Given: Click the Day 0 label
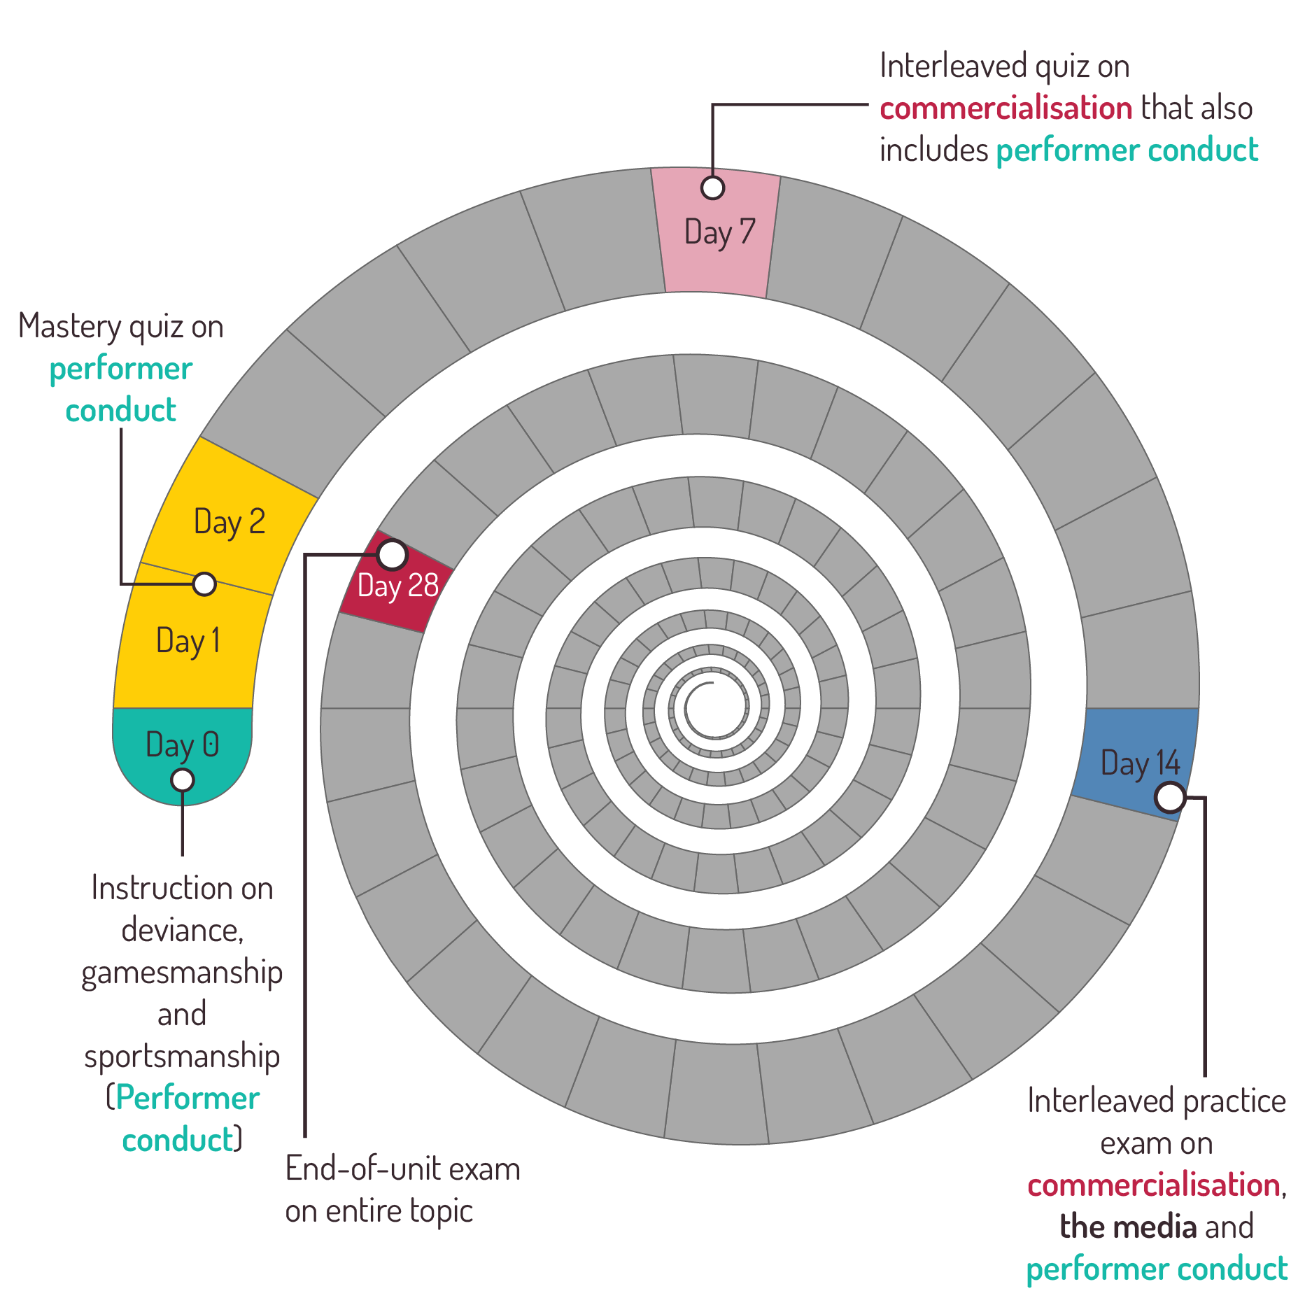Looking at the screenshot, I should (x=182, y=745).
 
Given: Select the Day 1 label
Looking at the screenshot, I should (x=188, y=641).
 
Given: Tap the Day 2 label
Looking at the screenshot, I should (x=229, y=522).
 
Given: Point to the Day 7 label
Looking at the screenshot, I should (x=719, y=232).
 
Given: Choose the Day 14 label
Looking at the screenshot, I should (x=1140, y=763).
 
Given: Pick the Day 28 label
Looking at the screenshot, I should (x=397, y=586).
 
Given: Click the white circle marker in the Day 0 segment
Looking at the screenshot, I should (x=183, y=780).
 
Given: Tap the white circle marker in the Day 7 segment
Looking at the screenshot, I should (x=712, y=188).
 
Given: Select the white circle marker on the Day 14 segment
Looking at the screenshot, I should (x=1170, y=797).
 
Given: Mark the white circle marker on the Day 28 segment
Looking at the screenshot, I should (x=392, y=555).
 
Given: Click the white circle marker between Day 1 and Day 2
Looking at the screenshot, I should (x=204, y=583).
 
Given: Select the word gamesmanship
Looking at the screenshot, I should (x=182, y=973).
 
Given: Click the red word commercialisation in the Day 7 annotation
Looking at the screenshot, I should (x=1006, y=108).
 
